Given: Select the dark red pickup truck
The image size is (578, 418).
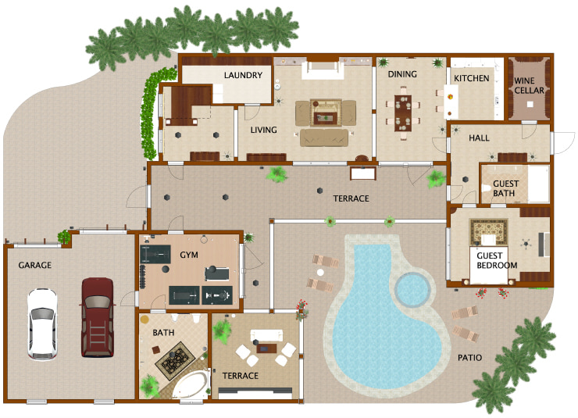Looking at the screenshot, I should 98,316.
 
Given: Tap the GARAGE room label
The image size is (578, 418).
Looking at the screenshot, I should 35,266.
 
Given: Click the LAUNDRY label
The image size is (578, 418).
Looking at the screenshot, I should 242,76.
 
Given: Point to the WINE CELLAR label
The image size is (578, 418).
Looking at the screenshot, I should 529,85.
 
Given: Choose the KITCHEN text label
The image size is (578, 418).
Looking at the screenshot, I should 472,78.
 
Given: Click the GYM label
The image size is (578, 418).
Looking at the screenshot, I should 189,255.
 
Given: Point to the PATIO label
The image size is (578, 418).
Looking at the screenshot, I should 470,358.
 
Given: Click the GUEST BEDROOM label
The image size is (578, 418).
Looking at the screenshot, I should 497,259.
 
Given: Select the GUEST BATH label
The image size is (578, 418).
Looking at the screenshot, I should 505,188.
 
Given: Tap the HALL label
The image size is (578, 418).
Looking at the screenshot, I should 479,138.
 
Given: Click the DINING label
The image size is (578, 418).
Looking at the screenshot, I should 402,75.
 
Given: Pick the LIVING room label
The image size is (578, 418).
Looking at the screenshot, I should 263,130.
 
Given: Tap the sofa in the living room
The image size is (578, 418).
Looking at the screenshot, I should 324,138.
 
